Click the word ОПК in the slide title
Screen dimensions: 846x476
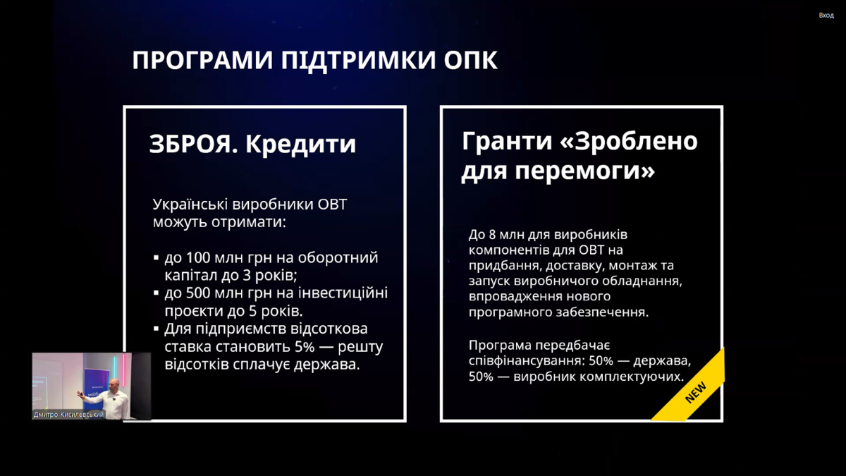pyautogui.click(x=470, y=60)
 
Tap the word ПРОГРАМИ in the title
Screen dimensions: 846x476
pyautogui.click(x=202, y=60)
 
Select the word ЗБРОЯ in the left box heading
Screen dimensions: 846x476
pyautogui.click(x=194, y=144)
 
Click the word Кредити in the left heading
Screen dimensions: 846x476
pyautogui.click(x=300, y=145)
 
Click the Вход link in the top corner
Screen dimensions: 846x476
pyautogui.click(x=826, y=15)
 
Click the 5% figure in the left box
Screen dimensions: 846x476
pyautogui.click(x=304, y=346)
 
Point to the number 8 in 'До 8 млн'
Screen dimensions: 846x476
pyautogui.click(x=492, y=235)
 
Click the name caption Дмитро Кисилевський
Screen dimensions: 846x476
pyautogui.click(x=68, y=415)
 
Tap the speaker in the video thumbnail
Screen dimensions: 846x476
pyautogui.click(x=113, y=398)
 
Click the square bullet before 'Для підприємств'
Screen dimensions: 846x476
pyautogui.click(x=157, y=329)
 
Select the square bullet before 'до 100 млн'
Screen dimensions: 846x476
pyautogui.click(x=157, y=257)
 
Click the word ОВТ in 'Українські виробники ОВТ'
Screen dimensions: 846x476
pyautogui.click(x=332, y=205)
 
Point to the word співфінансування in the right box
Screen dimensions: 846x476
pyautogui.click(x=527, y=361)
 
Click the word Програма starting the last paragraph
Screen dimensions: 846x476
pyautogui.click(x=499, y=346)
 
